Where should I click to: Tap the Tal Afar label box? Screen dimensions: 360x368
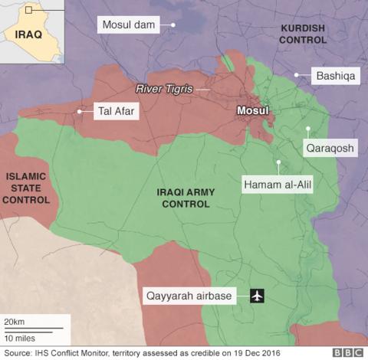pyautogui.click(x=116, y=112)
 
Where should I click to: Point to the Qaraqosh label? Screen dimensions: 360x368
pyautogui.click(x=330, y=149)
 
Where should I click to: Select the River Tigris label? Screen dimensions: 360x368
pyautogui.click(x=163, y=89)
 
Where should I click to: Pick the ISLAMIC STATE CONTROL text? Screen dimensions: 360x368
pyautogui.click(x=27, y=188)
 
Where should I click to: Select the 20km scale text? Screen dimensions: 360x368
pyautogui.click(x=14, y=320)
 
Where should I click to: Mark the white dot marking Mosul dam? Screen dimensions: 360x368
pyautogui.click(x=173, y=25)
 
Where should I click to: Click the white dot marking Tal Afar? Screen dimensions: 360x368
pyautogui.click(x=79, y=112)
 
